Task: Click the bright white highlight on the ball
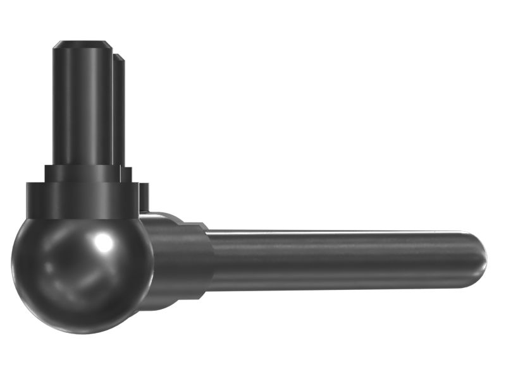click(x=101, y=243)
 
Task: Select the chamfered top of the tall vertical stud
click(x=83, y=45)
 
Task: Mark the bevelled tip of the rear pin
click(x=118, y=58)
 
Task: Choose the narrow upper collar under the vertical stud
click(x=82, y=174)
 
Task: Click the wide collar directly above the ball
click(x=81, y=200)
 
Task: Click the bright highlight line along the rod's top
click(x=342, y=233)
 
